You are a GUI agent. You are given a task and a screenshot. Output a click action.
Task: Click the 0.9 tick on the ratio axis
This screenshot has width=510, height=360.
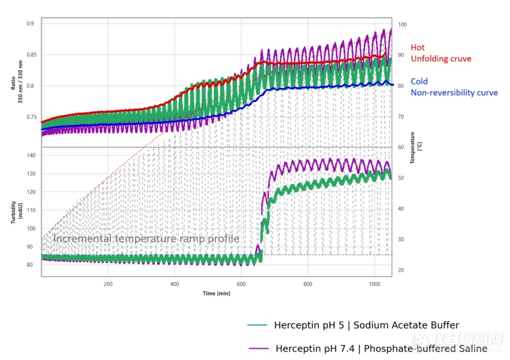[x=31, y=23]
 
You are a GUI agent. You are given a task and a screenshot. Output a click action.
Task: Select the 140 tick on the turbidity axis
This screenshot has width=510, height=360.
[x=31, y=155]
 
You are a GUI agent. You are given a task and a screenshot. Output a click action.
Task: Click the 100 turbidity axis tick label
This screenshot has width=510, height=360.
[x=31, y=228]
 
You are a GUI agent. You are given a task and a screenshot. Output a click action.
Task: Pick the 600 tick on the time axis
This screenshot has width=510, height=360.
[x=241, y=284]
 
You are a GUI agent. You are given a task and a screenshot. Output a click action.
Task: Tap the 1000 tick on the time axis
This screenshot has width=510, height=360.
[x=374, y=284]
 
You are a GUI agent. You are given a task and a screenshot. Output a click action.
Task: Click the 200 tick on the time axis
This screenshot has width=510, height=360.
[x=108, y=284]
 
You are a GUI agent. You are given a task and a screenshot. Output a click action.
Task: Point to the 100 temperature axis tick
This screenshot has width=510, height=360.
[x=402, y=25]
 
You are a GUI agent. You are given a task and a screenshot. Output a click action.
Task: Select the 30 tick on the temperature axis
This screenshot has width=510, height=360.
[x=401, y=240]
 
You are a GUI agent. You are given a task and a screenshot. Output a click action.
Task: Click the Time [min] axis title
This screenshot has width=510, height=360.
[x=217, y=293]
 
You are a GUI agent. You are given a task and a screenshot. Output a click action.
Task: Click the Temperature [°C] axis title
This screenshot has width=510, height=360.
[x=415, y=148]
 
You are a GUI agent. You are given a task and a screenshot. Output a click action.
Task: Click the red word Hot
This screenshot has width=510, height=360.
[x=417, y=47]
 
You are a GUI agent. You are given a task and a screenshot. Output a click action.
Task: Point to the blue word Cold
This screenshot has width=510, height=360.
[x=419, y=81]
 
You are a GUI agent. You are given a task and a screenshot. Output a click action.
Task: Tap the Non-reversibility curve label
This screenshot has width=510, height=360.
[x=454, y=93]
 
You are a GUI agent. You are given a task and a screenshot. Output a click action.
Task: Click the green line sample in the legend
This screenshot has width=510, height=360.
[x=258, y=325]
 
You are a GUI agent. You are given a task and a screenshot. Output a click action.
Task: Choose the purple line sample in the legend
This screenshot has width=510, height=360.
[x=259, y=349]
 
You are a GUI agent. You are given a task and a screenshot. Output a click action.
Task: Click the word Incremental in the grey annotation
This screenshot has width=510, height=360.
[x=82, y=239]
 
